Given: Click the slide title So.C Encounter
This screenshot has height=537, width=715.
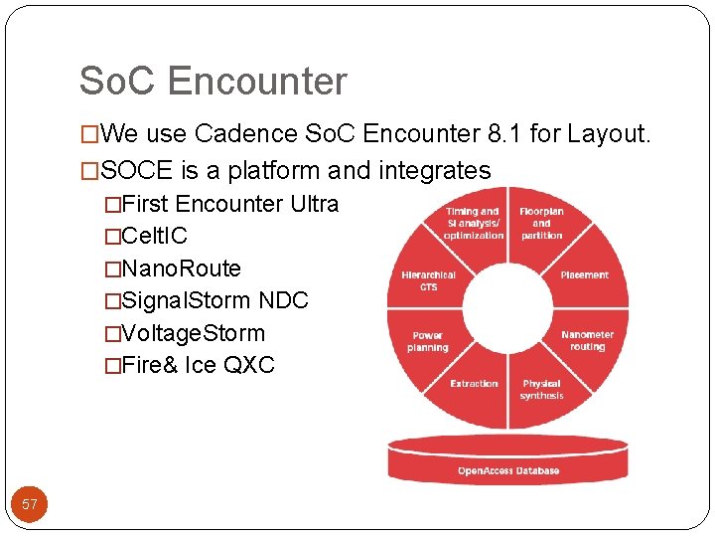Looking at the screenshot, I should [x=214, y=82].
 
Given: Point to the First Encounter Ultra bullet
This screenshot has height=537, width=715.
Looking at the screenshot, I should [x=230, y=204].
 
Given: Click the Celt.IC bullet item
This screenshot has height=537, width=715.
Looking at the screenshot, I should [x=154, y=237].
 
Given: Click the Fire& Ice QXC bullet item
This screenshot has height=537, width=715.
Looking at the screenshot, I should [x=198, y=365].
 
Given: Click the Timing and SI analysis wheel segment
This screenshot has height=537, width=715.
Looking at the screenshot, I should [x=474, y=224].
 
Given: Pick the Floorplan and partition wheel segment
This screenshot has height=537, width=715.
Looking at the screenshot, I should [x=541, y=224].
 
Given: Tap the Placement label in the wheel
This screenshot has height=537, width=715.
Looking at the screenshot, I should [x=584, y=274].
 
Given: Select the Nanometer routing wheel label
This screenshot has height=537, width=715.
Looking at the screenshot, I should [x=587, y=341].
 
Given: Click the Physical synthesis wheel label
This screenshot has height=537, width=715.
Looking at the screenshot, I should [x=541, y=390].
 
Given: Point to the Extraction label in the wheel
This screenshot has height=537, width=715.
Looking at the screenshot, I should [x=474, y=384].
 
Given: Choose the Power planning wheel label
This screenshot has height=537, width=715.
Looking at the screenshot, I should [x=428, y=341].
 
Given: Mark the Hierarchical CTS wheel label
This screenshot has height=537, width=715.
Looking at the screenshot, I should [x=429, y=280].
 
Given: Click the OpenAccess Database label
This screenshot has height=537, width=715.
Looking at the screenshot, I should [x=507, y=470].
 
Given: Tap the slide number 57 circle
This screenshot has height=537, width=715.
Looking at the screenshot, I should [x=30, y=504].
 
